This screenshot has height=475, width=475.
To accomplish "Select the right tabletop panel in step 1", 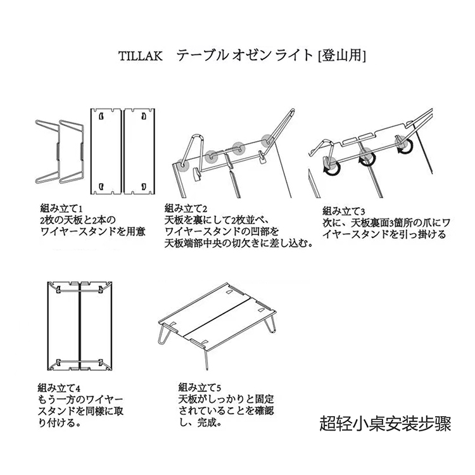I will pos(140,150).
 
